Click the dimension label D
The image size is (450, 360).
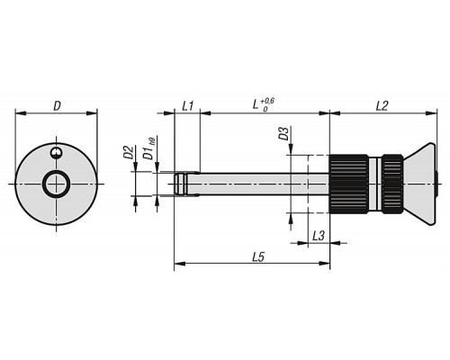coord(57,106)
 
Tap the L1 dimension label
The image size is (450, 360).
coord(188,106)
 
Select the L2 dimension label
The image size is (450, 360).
coord(382,106)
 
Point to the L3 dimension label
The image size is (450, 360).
coord(319,236)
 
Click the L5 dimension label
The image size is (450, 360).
coord(258,256)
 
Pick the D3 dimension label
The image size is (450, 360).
coord(283,134)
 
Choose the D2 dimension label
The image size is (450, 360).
coord(128,152)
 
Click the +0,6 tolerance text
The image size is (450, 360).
coord(267,101)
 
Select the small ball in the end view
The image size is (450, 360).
coord(56,152)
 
